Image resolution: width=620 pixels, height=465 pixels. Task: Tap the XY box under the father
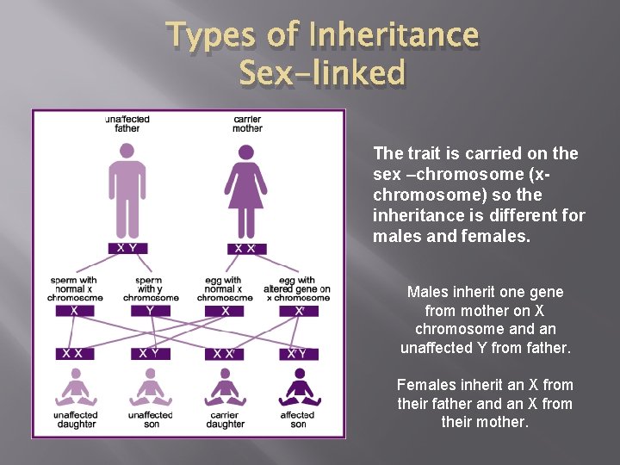coord(127,248)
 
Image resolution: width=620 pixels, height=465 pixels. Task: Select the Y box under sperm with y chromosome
coord(151,311)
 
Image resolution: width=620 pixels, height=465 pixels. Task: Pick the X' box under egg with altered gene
coord(299,311)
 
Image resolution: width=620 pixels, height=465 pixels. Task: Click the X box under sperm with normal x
coord(75,311)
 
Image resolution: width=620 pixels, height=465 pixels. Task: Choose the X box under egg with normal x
coord(225,311)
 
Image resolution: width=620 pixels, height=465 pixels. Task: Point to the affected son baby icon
coord(299,387)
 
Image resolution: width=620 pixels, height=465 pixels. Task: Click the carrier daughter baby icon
coord(225,387)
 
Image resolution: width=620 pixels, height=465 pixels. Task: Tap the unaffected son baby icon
coord(151,387)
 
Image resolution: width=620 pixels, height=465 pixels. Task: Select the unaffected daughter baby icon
coord(75,387)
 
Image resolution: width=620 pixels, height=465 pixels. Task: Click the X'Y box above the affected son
coord(299,354)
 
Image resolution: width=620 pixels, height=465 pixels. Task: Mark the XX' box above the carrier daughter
coord(225,354)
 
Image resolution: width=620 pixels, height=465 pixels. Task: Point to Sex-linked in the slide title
coord(322,73)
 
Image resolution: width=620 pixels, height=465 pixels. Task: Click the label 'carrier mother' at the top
coord(247,124)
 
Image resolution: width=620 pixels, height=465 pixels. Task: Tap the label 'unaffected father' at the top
coord(127,124)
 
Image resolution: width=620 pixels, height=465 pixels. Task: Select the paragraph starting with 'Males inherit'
coord(486,320)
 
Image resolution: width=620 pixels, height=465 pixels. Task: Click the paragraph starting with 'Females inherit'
coord(485,403)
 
